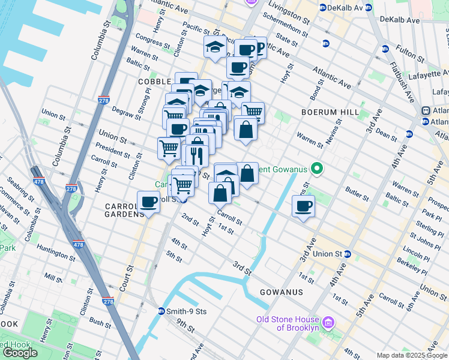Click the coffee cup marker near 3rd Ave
pos(304,207)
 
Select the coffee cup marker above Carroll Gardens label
pos(148,202)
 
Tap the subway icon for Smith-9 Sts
pos(161,311)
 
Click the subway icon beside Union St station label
pos(348,254)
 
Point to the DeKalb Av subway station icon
pos(323,8)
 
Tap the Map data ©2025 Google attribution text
pos(412,355)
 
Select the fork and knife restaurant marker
pos(197,155)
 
